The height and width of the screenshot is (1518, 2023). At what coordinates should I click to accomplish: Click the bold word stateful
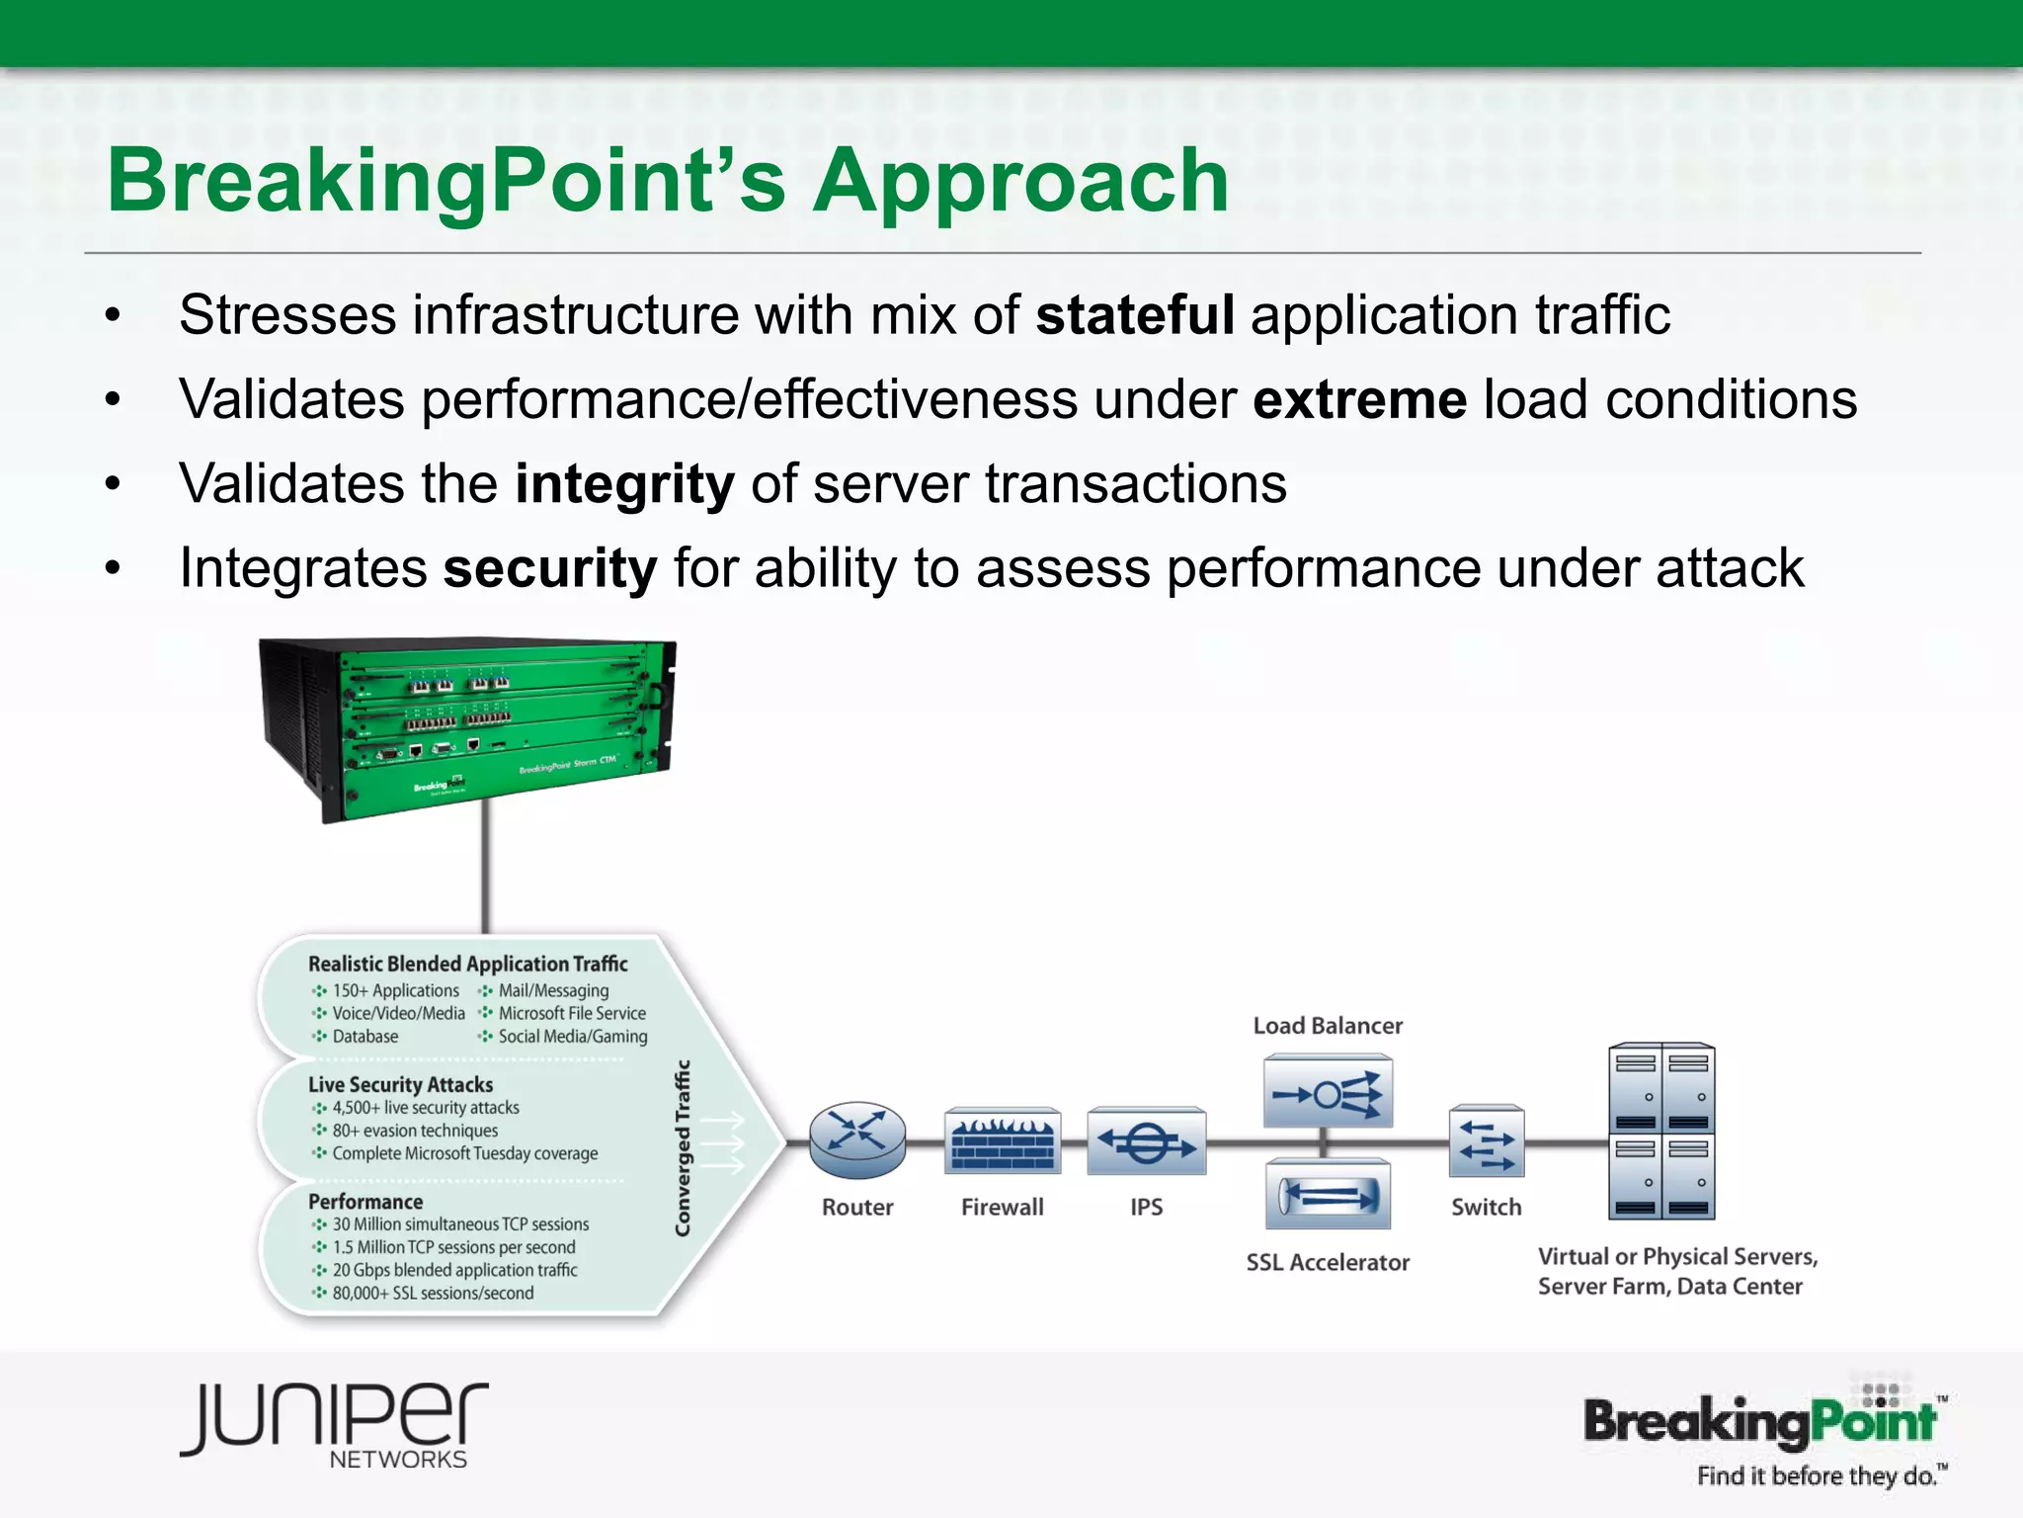pos(1134,316)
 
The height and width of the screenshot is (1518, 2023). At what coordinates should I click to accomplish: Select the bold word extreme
pos(1359,400)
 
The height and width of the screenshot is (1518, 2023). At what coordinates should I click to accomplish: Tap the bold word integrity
pos(624,485)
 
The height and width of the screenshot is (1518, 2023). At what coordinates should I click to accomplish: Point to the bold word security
pos(550,569)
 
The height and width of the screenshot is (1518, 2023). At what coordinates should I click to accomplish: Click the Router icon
pos(857,1140)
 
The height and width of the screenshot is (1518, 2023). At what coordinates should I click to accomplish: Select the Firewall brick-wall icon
pos(1003,1141)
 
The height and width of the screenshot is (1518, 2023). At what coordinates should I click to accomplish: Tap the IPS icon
pos(1146,1141)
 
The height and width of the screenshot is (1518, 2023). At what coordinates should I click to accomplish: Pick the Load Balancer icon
pos(1328,1092)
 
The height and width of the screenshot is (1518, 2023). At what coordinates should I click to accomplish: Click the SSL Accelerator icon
pos(1328,1197)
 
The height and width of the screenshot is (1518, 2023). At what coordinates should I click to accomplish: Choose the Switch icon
pos(1486,1141)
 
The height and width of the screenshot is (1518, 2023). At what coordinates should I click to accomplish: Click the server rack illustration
pos(1661,1131)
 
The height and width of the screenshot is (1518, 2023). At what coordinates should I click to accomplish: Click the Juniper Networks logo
pos(334,1423)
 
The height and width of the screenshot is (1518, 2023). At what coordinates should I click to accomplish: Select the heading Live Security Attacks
pos(400,1084)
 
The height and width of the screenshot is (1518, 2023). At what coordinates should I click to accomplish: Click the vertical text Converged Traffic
pos(683,1147)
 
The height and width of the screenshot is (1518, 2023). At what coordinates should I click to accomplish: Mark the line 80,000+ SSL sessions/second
pos(432,1293)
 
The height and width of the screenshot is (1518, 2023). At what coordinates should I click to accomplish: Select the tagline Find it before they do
pos(1818,1476)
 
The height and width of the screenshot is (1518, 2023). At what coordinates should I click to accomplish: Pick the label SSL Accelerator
pos(1327,1262)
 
